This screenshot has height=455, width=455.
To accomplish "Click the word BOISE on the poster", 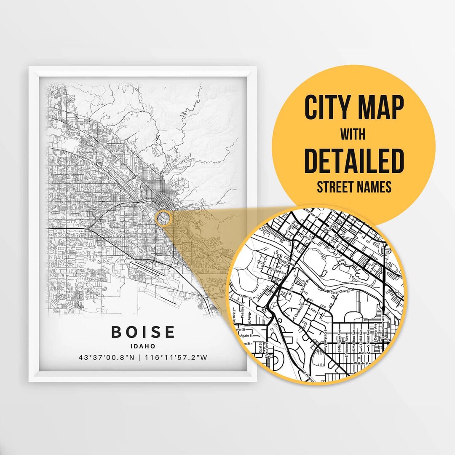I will click(143, 332).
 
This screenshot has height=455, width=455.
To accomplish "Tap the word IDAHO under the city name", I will click(143, 346).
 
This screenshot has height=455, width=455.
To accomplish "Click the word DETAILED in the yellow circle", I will click(354, 160).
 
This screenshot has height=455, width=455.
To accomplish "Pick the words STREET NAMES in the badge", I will click(354, 187).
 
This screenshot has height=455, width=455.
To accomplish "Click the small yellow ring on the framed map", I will click(164, 217).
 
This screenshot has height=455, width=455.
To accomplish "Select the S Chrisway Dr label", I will click(293, 314).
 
